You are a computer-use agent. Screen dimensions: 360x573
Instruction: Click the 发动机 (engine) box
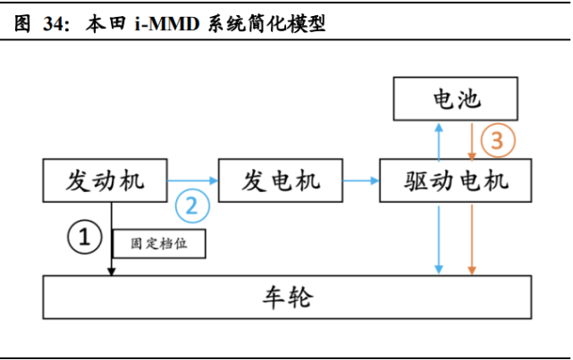(105, 180)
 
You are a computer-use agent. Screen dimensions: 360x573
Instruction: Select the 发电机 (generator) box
(281, 180)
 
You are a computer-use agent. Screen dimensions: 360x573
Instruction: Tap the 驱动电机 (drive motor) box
(456, 180)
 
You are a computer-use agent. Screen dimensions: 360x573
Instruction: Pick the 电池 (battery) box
(457, 99)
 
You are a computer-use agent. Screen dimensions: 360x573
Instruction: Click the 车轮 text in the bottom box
(288, 297)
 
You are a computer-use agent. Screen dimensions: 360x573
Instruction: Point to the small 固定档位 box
(159, 243)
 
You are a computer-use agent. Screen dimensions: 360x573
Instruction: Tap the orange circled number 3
(498, 140)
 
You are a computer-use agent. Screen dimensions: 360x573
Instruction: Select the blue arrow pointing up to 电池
(438, 140)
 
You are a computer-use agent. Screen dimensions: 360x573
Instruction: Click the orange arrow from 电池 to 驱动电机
(472, 140)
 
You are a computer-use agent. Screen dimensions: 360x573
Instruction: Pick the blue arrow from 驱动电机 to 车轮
(438, 238)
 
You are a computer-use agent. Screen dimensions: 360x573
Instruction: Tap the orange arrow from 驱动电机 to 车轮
(472, 238)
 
